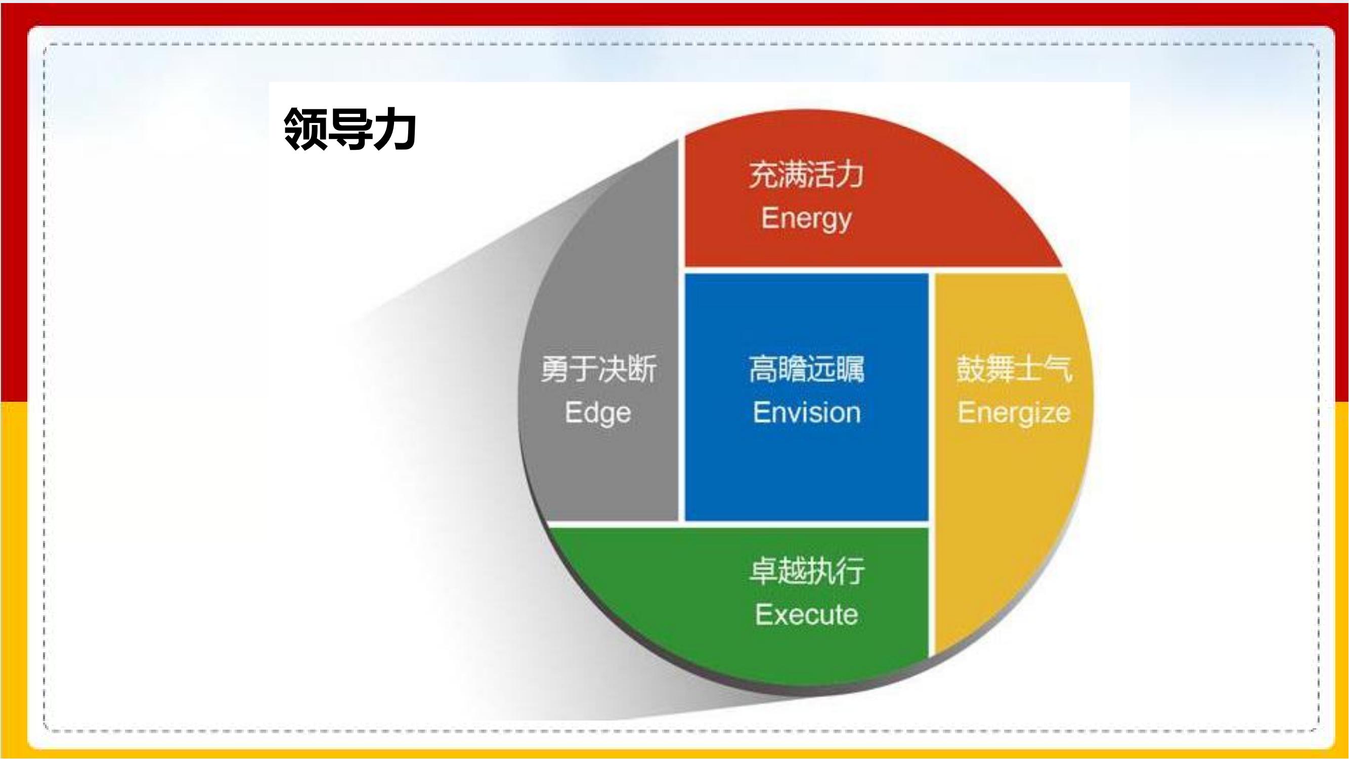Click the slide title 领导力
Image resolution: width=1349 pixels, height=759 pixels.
pos(350,129)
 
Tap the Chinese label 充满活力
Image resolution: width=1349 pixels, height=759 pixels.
pos(806,175)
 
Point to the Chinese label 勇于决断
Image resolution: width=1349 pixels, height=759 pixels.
pos(598,369)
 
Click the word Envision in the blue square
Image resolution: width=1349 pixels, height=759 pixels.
pos(807,413)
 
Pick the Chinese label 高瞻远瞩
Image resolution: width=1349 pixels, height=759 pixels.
pos(806,369)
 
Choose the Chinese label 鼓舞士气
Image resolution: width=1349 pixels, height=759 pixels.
pos(1014,369)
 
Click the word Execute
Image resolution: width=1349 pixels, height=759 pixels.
pos(806,614)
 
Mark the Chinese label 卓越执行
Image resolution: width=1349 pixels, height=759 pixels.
pos(806,571)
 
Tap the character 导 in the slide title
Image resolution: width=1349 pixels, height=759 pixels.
pos(351,129)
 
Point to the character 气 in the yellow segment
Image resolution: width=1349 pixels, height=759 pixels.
pos(1058,369)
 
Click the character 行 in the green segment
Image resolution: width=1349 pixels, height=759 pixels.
pos(850,571)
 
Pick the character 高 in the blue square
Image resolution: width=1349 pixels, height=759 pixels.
pos(763,369)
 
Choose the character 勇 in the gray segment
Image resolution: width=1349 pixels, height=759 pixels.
pos(554,369)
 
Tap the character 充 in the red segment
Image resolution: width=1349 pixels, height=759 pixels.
pos(763,175)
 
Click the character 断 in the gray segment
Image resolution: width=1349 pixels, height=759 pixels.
pos(642,369)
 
